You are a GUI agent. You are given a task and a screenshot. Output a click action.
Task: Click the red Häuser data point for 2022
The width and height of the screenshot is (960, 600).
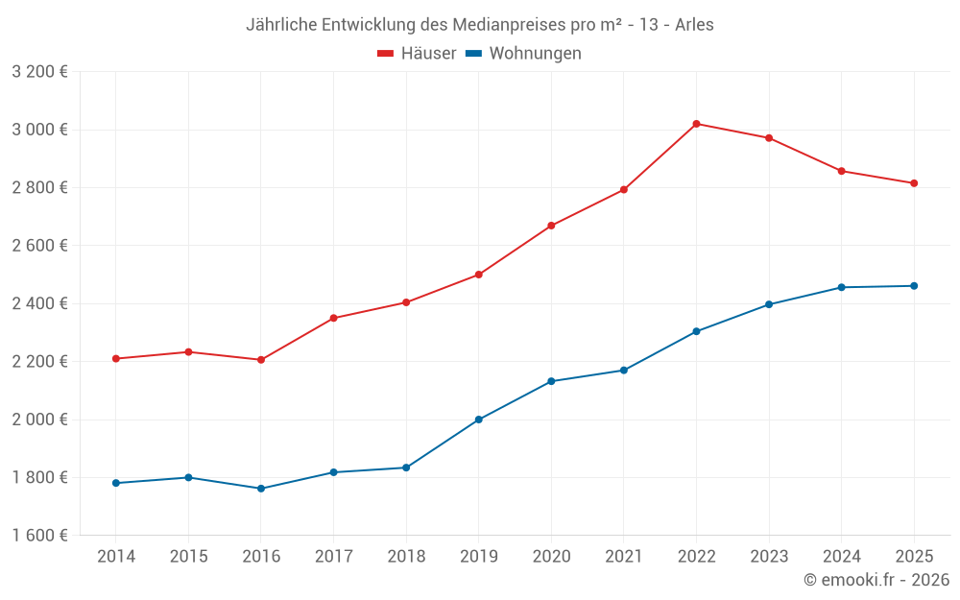tap(696, 124)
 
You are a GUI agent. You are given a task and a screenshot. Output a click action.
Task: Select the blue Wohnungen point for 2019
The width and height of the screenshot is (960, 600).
tap(479, 420)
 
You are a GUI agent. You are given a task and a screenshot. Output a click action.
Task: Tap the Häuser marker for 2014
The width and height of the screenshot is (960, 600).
tap(116, 359)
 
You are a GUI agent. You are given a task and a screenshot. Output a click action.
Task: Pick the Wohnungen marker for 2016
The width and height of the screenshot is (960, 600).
tap(261, 489)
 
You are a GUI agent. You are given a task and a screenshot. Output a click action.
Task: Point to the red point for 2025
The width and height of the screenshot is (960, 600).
tap(914, 183)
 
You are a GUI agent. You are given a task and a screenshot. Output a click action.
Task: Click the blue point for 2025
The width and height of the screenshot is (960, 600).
tap(914, 286)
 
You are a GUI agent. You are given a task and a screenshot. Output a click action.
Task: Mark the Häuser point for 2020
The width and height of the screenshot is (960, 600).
tap(551, 226)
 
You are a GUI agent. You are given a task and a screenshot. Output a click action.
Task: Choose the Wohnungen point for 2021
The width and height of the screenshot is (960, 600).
tap(624, 371)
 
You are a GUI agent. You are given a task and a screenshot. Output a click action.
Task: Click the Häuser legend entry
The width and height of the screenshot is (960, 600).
tap(417, 54)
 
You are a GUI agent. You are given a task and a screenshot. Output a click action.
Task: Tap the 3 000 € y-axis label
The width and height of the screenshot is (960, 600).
tap(39, 130)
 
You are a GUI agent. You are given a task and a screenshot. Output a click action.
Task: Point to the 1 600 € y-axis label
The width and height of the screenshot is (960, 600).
tap(39, 536)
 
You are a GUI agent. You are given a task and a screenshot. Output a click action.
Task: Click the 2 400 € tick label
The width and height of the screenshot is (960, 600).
tap(39, 303)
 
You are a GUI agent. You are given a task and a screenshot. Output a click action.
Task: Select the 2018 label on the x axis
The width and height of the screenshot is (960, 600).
tap(406, 557)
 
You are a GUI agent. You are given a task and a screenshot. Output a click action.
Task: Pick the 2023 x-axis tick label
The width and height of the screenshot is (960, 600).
tap(769, 557)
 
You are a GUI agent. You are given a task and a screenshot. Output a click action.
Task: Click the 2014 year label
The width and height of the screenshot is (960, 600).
tap(116, 557)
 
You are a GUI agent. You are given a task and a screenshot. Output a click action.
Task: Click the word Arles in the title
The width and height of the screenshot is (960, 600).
tap(694, 25)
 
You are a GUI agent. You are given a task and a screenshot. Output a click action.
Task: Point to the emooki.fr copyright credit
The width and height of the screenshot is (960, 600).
tap(876, 580)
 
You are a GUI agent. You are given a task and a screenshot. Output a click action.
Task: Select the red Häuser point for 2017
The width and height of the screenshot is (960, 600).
tap(334, 318)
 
